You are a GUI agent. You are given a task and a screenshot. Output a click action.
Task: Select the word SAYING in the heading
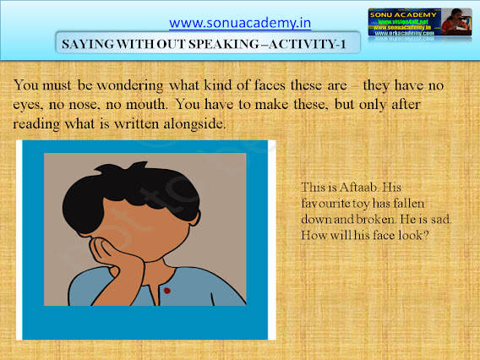tap(86, 42)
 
